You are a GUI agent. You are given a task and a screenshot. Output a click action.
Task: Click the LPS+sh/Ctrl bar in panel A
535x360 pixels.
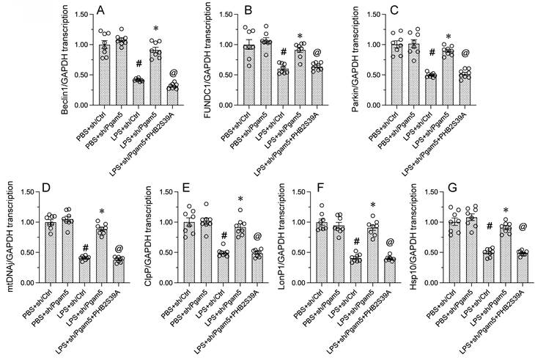[138, 97]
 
